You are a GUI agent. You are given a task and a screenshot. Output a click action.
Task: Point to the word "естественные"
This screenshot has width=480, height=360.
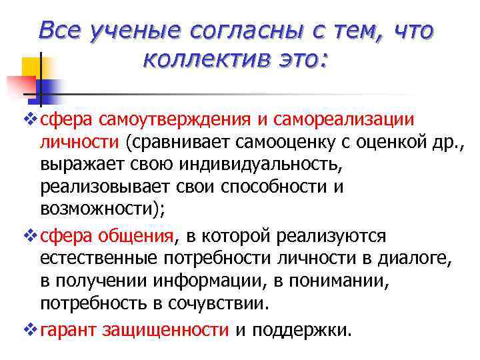coord(100,258)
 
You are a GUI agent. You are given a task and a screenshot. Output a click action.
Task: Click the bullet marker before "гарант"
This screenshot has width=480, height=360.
coord(28,329)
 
